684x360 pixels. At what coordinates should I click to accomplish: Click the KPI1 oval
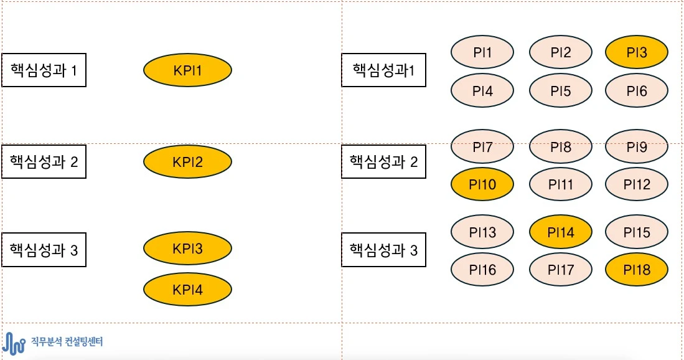187,70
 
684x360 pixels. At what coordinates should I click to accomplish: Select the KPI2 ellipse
187,162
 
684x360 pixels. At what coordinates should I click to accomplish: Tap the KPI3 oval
187,249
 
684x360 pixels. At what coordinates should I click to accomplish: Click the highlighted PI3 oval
636,52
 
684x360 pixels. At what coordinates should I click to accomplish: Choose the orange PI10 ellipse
482,184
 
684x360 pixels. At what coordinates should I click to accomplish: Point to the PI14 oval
560,232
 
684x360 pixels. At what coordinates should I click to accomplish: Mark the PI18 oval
636,269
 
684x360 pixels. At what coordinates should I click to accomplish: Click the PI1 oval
482,52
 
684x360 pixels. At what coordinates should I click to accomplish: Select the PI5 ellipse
560,90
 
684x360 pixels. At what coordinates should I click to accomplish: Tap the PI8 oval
560,147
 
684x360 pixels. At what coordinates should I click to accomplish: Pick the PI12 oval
636,184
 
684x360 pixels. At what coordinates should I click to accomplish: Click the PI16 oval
482,269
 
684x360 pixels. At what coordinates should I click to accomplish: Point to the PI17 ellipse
560,269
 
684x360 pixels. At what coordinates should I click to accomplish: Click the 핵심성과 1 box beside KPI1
44,70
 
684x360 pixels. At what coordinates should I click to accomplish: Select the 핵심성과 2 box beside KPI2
44,161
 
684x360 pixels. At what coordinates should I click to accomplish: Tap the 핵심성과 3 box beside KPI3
44,250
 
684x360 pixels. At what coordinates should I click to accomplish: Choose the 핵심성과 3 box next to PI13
383,250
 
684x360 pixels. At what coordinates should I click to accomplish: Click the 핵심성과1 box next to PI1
383,70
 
